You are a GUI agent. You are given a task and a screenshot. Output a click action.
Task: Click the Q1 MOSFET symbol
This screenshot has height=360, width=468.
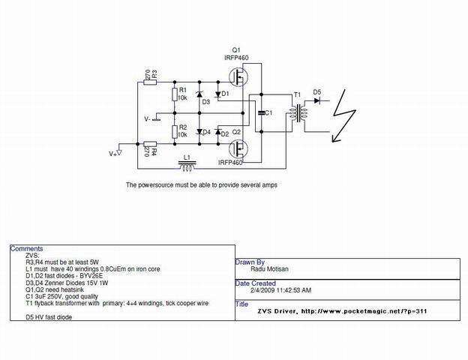(238, 76)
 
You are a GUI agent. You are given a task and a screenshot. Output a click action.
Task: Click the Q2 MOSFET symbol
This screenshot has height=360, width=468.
(238, 149)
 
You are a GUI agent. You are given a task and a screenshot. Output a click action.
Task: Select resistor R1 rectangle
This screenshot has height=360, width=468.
(175, 94)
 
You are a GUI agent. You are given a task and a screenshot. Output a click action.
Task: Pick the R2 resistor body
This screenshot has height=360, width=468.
(175, 132)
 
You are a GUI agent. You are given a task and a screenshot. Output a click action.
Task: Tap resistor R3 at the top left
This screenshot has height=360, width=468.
(150, 82)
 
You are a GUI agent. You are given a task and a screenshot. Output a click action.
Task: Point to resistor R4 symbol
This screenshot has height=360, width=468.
(150, 144)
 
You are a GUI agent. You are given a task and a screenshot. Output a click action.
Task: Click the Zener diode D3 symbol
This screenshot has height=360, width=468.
(199, 94)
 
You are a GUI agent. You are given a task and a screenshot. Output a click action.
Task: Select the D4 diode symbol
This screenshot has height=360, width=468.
(199, 132)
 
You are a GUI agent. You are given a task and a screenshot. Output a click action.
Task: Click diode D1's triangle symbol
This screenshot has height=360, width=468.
(218, 94)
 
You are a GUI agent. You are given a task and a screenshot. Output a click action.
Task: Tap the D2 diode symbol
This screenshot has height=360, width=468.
(218, 132)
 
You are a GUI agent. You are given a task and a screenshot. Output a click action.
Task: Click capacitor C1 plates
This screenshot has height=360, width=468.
(261, 112)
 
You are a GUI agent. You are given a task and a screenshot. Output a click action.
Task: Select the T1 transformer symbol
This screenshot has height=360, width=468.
(297, 112)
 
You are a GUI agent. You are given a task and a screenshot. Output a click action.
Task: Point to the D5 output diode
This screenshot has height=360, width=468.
(317, 101)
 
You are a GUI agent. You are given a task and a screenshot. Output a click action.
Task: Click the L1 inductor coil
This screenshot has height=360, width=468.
(187, 166)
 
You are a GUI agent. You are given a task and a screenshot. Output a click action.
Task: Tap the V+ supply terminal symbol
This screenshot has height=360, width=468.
(119, 153)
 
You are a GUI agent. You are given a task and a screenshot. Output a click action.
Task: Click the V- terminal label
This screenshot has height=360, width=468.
(147, 119)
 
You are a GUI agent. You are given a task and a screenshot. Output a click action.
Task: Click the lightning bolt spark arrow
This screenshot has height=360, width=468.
(343, 115)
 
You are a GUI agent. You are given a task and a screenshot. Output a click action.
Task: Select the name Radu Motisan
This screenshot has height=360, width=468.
(269, 269)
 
